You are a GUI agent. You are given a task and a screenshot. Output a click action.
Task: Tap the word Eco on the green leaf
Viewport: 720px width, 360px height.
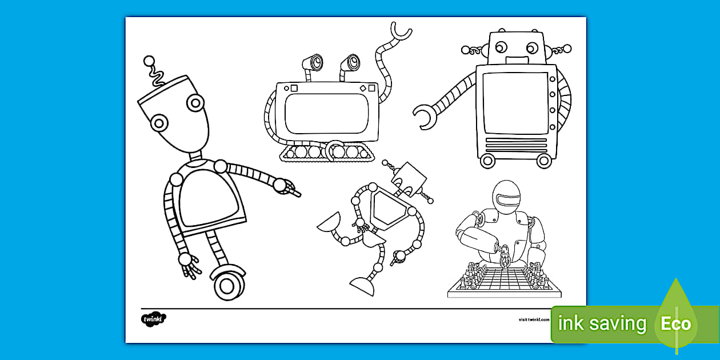676,324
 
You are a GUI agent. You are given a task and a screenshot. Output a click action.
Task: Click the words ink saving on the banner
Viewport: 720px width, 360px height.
602,324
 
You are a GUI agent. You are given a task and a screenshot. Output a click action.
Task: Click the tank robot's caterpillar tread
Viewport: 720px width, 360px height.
323,152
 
